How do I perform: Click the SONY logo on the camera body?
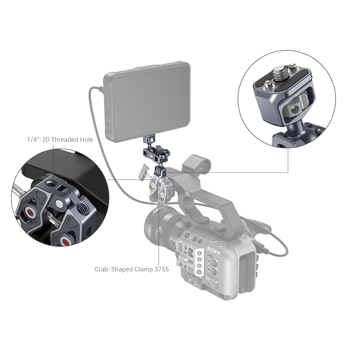[x=214, y=251]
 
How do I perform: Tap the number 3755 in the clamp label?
[x=161, y=269]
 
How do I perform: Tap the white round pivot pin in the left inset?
[x=60, y=204]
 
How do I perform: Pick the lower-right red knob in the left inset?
[x=66, y=241]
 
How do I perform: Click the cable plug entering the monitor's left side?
[x=101, y=89]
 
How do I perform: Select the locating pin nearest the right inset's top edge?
[x=293, y=68]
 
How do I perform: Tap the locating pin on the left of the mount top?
[x=268, y=84]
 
